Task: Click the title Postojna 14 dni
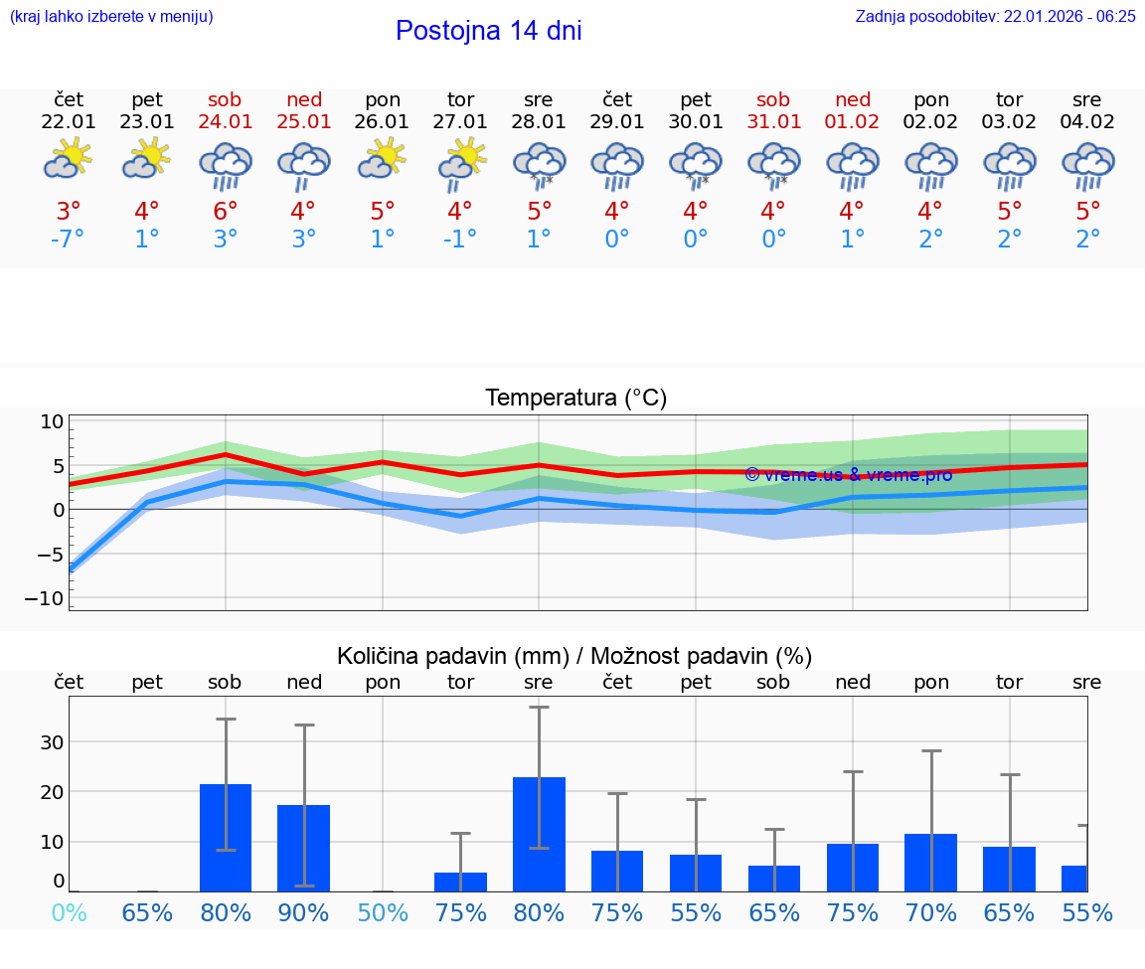pos(488,31)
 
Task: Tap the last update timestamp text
pos(995,16)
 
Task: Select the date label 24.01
pos(226,121)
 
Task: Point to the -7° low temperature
pos(68,239)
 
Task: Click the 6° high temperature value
pos(226,212)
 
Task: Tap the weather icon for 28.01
pos(539,165)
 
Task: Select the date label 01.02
pos(853,121)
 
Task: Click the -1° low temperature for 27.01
pos(460,239)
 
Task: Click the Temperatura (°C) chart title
pos(575,399)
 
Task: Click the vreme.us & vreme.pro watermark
pos(848,475)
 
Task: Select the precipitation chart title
pos(574,656)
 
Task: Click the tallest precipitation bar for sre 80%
pos(539,835)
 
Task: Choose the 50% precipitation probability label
pos(383,912)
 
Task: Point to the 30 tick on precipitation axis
pos(52,741)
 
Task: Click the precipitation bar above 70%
pos(931,862)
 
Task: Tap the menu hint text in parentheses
pos(111,16)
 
